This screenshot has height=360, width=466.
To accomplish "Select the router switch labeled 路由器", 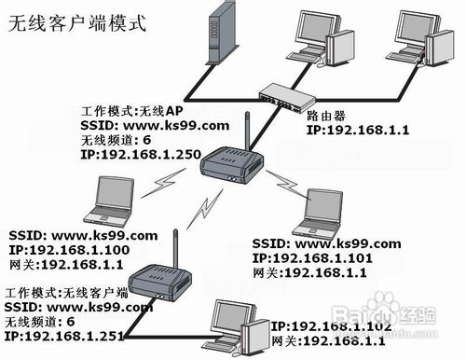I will click(x=284, y=94).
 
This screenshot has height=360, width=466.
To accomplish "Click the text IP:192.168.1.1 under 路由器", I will click(x=356, y=133).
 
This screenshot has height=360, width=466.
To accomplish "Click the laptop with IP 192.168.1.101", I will click(x=324, y=211).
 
